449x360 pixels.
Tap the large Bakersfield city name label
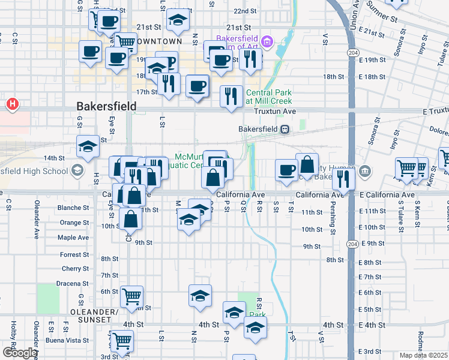[106, 106]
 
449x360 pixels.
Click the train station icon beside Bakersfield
[285, 129]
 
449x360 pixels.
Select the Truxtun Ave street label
[275, 112]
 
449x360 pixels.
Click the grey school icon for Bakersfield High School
[77, 171]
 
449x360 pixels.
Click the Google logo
[19, 352]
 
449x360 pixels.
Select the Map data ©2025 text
[424, 355]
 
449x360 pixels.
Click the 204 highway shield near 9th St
[353, 244]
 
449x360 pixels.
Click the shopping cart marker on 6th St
[131, 295]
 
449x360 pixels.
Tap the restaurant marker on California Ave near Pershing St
[343, 179]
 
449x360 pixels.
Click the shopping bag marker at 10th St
[131, 219]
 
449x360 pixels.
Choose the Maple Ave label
[73, 238]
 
